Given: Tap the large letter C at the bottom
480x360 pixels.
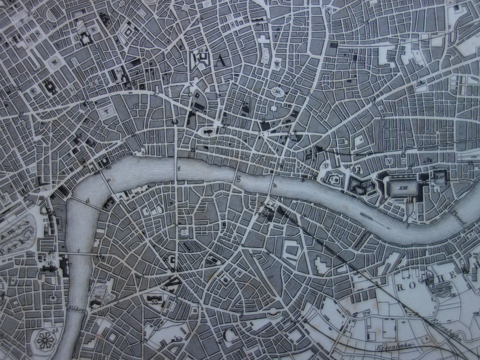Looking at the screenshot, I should click(227, 336).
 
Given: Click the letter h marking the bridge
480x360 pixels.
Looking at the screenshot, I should click(274, 186).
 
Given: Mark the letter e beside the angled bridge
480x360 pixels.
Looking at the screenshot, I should click(109, 180).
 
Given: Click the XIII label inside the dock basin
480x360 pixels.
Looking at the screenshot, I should click(404, 188).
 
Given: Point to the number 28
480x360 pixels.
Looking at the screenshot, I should click(55, 330).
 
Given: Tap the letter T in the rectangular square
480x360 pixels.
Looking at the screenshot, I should click(107, 112).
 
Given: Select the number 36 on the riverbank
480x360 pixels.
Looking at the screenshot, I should click(144, 153).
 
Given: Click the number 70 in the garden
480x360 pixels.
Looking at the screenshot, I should click(99, 297).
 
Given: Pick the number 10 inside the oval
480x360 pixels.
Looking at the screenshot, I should click(277, 91).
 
